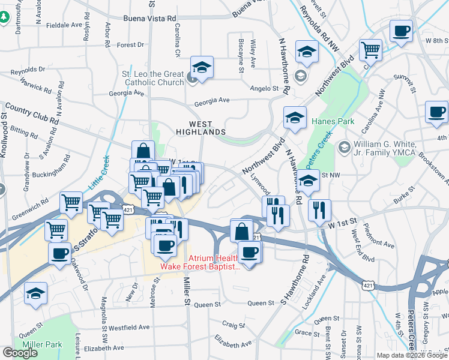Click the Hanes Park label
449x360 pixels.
[333, 121]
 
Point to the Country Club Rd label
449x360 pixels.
[32, 113]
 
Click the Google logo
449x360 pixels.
[20, 353]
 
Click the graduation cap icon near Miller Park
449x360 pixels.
[36, 293]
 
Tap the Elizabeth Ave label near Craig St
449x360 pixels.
[233, 344]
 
